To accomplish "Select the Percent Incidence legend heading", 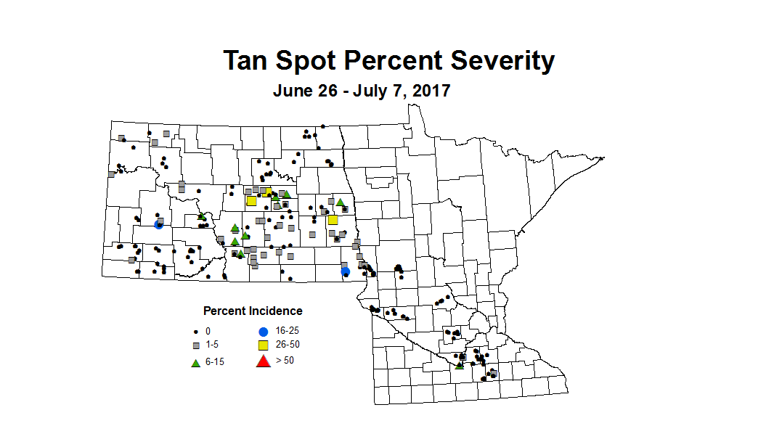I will tap(253, 311).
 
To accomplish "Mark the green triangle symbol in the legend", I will tap(195, 361).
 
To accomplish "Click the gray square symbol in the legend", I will tap(195, 345).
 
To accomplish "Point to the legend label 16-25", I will tap(288, 330).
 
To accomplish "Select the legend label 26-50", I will tap(288, 345).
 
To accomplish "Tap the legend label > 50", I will tap(285, 360).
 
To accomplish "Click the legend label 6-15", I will tap(215, 361).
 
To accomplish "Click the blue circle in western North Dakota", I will tap(158, 224).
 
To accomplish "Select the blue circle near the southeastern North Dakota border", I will tap(346, 271).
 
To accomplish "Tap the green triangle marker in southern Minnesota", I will tap(459, 365).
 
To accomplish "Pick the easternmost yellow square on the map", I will tap(333, 220).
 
